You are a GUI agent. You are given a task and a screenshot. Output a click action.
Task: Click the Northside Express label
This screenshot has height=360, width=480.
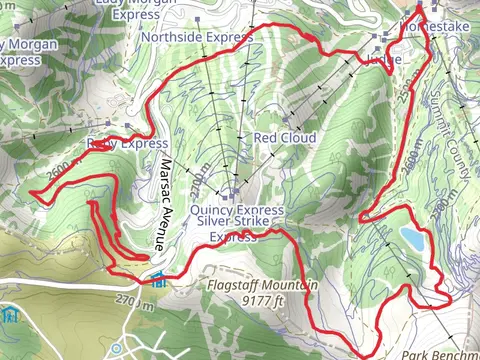coord(196,37)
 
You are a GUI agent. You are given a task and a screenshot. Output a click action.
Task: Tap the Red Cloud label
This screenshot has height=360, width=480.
coord(285,137)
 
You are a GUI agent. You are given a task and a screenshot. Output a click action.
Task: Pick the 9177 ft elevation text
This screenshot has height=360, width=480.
coord(262,299)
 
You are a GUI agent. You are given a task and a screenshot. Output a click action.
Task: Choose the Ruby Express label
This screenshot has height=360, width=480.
coord(127,144)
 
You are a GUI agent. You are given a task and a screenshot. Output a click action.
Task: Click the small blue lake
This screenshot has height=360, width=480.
coord(410,238)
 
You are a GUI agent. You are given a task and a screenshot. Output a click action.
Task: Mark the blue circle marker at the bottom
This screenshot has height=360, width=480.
coord(118,348)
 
